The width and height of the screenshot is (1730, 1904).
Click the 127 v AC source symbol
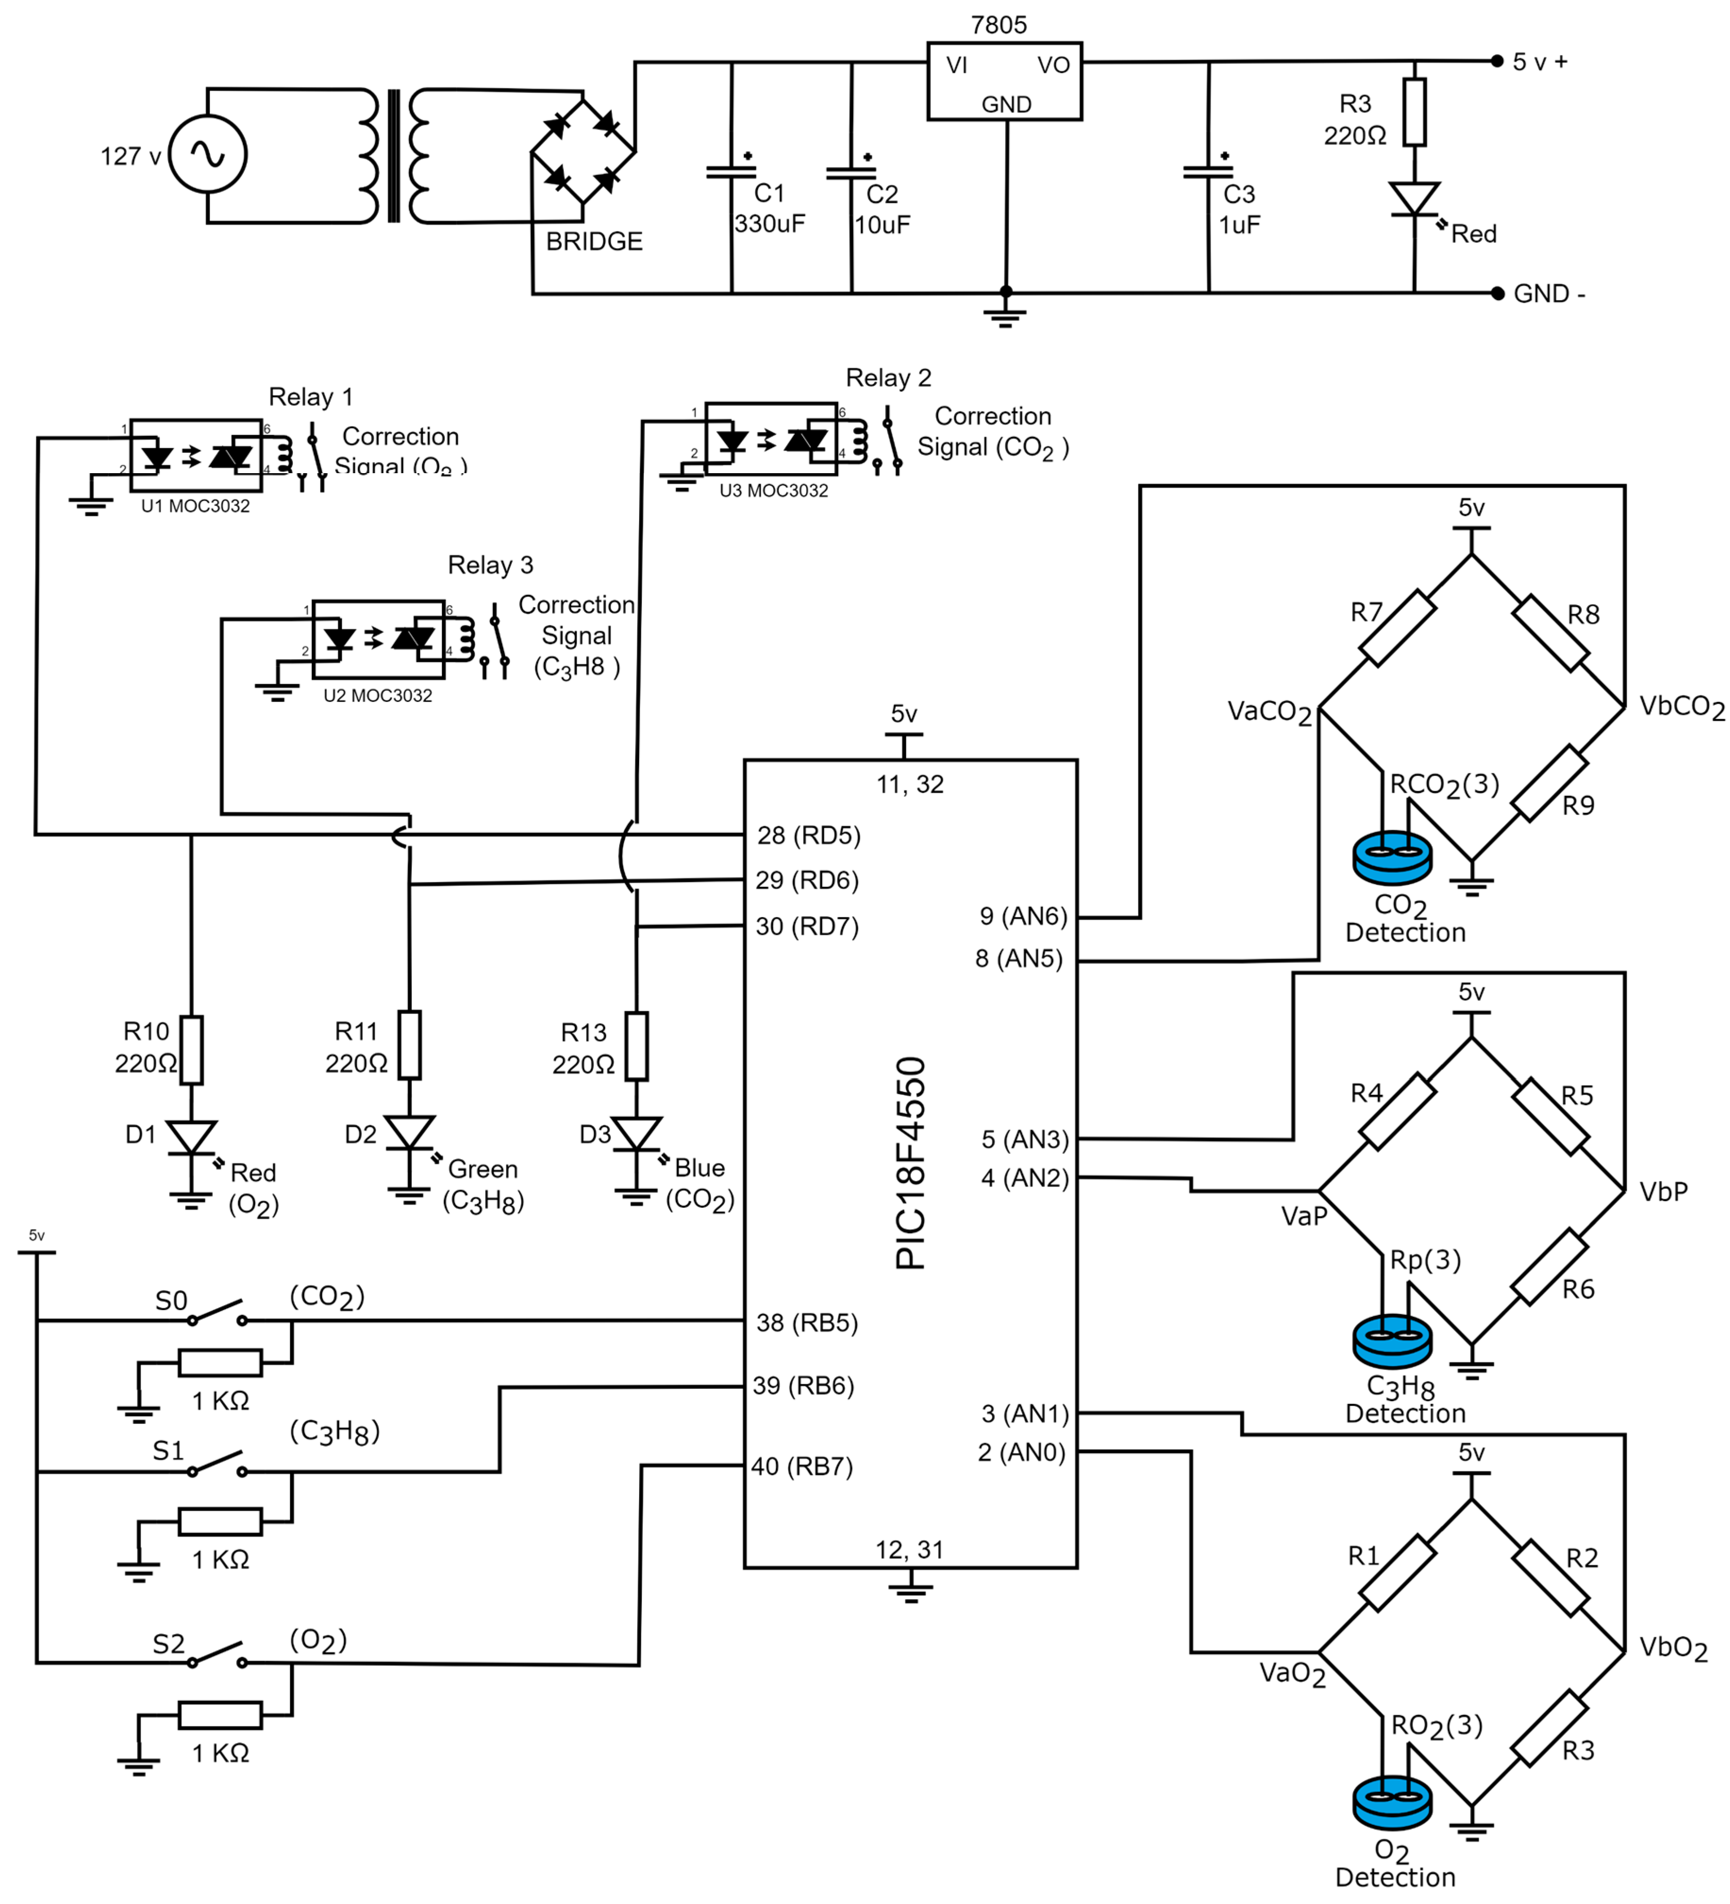click(207, 154)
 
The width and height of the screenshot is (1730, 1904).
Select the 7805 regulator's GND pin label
click(1006, 105)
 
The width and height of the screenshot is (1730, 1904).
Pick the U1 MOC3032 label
click(195, 506)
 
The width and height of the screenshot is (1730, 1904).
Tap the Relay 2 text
click(888, 378)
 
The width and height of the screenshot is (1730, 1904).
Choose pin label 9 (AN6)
click(1023, 916)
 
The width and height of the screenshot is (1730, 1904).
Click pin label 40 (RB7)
click(802, 1467)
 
